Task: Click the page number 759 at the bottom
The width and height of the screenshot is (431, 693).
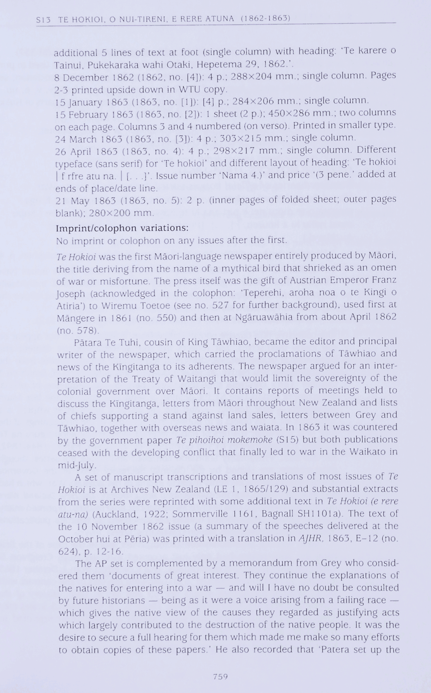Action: click(220, 677)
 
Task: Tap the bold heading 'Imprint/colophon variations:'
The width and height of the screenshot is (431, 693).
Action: click(122, 227)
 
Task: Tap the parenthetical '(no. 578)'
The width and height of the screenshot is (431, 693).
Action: click(78, 330)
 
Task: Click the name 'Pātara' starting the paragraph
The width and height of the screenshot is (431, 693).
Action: click(87, 342)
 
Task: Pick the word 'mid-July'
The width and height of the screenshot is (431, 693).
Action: click(77, 465)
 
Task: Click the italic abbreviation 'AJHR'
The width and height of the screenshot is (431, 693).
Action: click(310, 538)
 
